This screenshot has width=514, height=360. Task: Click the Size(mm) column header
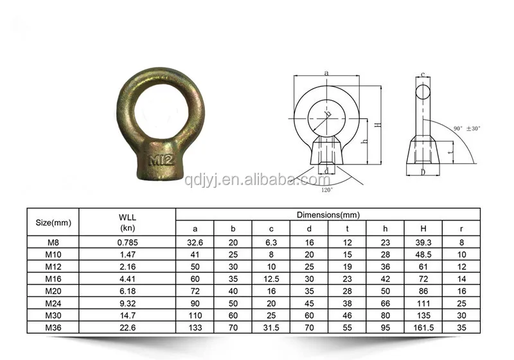[x=52, y=222]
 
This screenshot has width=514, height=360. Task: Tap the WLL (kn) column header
[x=128, y=222]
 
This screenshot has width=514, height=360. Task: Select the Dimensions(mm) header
[x=328, y=215]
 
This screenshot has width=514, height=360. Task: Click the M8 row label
[x=52, y=242]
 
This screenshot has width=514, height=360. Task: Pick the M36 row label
[x=52, y=327]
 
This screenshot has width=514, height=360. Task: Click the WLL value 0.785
[x=128, y=242]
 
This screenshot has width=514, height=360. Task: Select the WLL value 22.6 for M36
[x=128, y=327]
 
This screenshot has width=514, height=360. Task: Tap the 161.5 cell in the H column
[x=423, y=327]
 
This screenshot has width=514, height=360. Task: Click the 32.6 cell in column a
[x=195, y=242]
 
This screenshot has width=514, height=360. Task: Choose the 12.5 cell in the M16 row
[x=271, y=279]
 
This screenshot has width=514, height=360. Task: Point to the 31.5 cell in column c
[x=271, y=327]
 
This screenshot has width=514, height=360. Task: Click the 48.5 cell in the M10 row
[x=423, y=255]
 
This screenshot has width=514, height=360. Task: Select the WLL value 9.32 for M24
[x=128, y=303]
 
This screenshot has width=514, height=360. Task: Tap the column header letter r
[x=461, y=229]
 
